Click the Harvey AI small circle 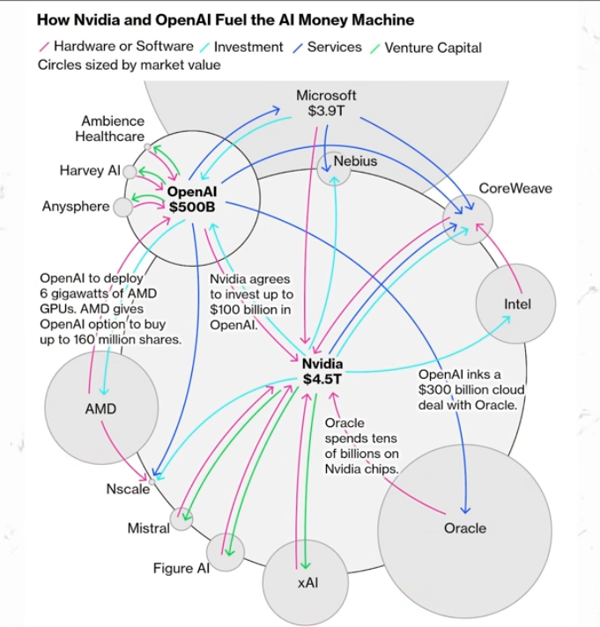point(130,171)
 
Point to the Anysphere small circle point(123,207)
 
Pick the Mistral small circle point(181,519)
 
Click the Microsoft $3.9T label point(326,103)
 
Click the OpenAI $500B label point(192,198)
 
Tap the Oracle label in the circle point(464,528)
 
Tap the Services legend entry point(334,47)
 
